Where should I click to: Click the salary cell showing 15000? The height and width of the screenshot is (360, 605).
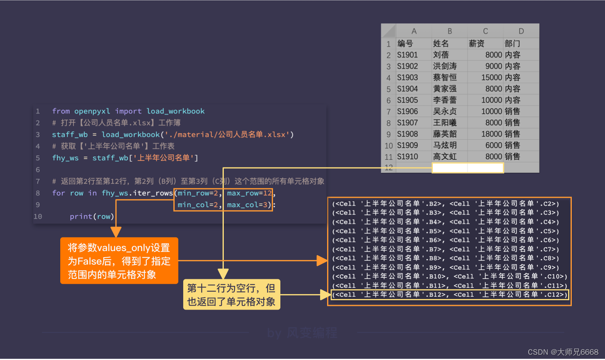coord(491,77)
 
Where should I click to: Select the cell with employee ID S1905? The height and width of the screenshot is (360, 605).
coord(407,100)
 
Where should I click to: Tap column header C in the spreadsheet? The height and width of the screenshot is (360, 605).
coord(485,31)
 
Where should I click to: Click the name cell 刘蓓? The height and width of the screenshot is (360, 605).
coord(441,55)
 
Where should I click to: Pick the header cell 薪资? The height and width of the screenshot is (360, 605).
coord(477,43)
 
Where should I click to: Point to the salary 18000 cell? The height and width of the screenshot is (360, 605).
coord(491,134)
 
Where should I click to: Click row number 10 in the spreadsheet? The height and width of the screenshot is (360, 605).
coord(389,145)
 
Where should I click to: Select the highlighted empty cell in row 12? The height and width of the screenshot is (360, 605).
coord(468,168)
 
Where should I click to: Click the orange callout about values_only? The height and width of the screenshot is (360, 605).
coord(119,261)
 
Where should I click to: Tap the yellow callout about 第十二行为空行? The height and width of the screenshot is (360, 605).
coord(231,294)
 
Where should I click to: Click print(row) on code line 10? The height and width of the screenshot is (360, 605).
coord(91,216)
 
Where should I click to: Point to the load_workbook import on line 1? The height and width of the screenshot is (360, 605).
coord(175,111)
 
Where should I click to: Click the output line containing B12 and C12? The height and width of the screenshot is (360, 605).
coord(450,294)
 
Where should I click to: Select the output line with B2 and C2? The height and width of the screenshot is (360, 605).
coord(446,204)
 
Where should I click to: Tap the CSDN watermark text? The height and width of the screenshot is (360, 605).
coord(563,352)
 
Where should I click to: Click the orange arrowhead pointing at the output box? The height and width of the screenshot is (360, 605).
coord(322,260)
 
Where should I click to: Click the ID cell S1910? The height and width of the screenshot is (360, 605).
coord(407,156)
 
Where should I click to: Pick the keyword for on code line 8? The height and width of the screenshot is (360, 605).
coord(58,193)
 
